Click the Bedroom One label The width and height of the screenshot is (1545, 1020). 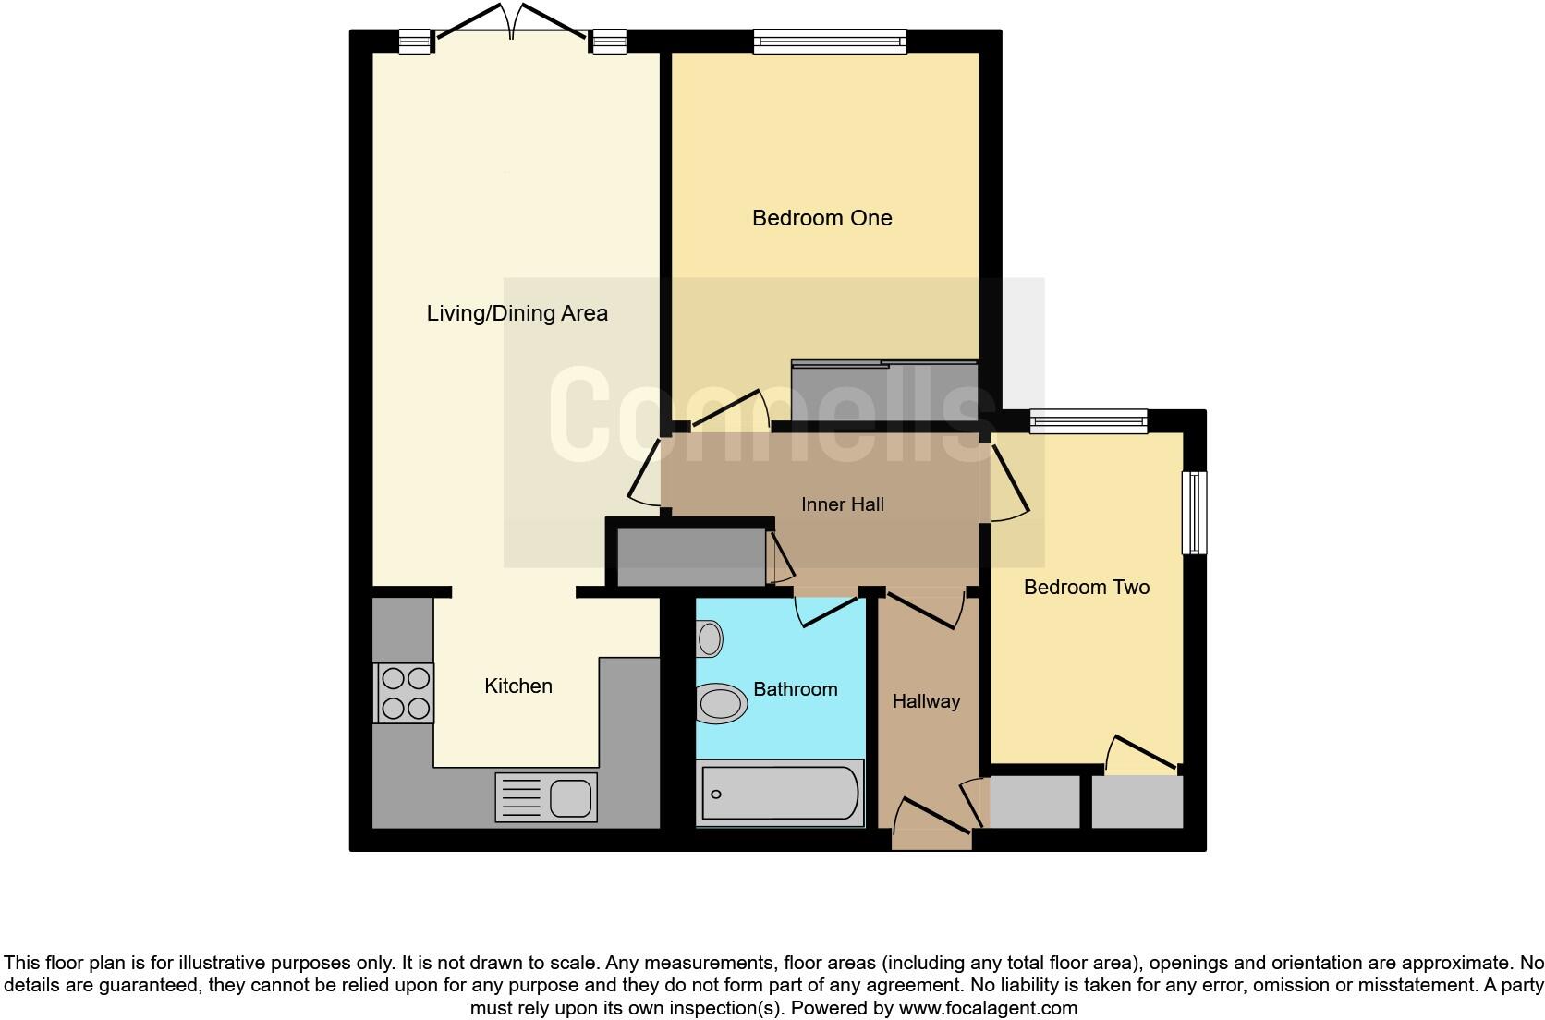pos(821,218)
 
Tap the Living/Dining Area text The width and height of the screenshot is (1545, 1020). pos(517,313)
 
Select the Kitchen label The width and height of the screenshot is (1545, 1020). pos(518,686)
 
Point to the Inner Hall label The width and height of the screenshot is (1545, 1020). pos(842,504)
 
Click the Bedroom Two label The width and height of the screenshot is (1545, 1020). pos(1086,588)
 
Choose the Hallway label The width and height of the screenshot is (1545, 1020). pos(926,701)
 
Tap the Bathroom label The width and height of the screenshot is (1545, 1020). pos(795,689)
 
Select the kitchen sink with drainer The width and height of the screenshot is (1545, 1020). pos(546,796)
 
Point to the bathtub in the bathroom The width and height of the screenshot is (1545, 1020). pos(780,793)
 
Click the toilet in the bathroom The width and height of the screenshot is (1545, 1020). pos(723,704)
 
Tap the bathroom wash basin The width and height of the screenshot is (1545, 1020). pos(710,637)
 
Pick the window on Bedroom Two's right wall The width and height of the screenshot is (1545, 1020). pos(1195,513)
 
